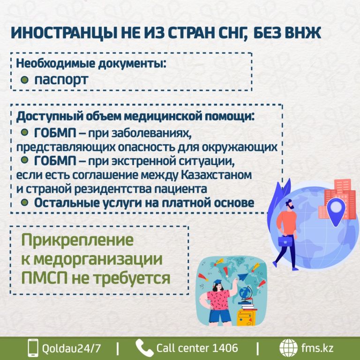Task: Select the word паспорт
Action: [x=61, y=80]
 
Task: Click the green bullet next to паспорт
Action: [x=24, y=80]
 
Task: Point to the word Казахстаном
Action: [x=216, y=175]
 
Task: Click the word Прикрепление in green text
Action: [x=77, y=240]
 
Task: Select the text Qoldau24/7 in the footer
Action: [x=71, y=348]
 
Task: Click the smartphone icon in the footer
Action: [x=33, y=348]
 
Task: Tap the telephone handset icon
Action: [x=144, y=348]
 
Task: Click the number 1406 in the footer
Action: [x=225, y=348]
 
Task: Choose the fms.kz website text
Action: [x=317, y=348]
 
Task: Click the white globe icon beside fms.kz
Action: [x=288, y=348]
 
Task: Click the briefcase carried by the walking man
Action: [x=285, y=240]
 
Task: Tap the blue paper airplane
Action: [x=244, y=277]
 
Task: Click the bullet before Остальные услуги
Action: [x=24, y=202]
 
